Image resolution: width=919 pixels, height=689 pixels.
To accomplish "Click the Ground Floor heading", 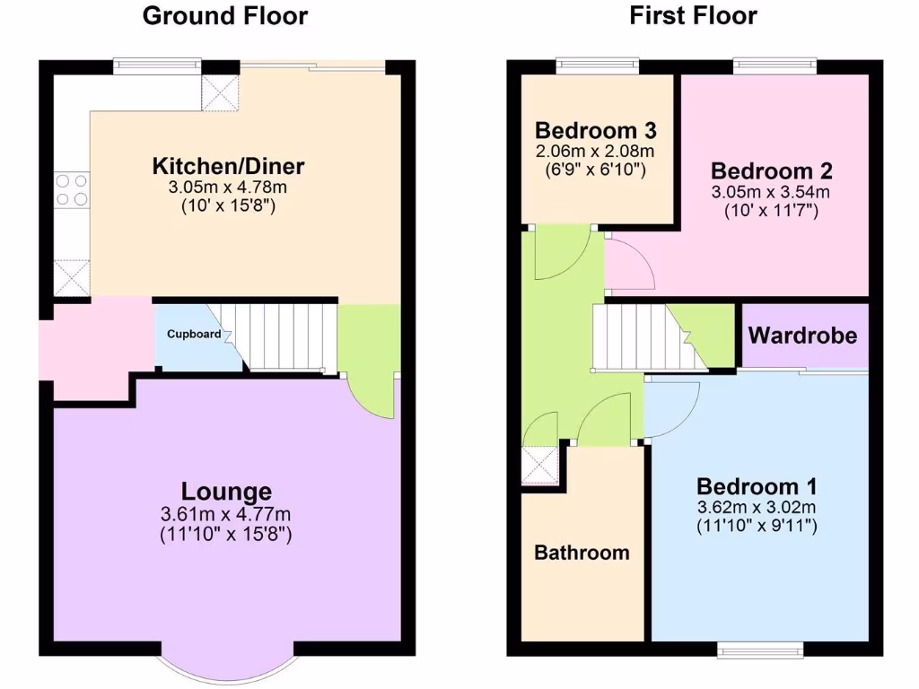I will [224, 16].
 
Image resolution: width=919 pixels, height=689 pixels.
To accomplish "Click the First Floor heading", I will [693, 16].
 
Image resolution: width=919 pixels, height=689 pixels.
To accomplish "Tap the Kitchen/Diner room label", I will [228, 166].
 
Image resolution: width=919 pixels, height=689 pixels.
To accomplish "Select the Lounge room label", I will [226, 492].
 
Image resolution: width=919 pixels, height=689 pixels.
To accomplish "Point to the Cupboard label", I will [194, 335].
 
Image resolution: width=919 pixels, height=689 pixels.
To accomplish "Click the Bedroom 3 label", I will [595, 129].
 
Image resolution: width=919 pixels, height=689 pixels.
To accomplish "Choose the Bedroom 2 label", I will [772, 170].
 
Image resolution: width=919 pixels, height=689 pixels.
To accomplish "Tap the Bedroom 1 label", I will [757, 486].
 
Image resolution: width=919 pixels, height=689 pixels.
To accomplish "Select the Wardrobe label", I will [802, 336].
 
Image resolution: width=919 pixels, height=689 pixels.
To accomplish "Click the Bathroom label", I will [582, 553].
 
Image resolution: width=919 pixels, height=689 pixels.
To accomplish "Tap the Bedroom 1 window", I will [761, 649].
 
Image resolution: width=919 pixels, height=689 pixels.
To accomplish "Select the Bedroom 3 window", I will [597, 65].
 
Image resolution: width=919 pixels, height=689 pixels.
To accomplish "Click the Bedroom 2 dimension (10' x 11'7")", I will [772, 212].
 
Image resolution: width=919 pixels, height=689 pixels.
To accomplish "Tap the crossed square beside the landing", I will [541, 466].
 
